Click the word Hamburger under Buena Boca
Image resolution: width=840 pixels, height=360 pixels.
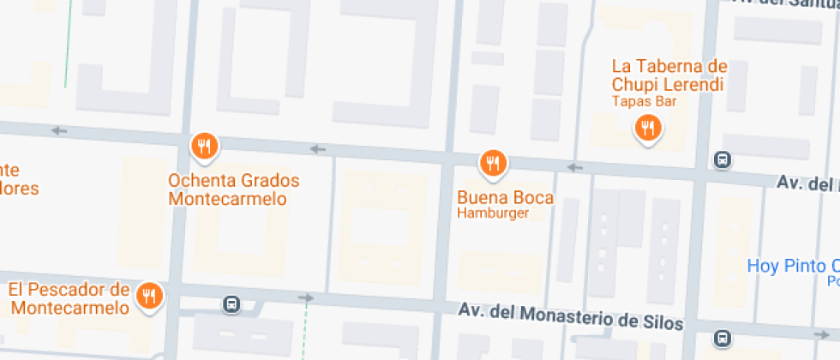pyautogui.click(x=493, y=213)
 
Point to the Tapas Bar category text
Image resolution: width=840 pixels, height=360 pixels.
pyautogui.click(x=645, y=101)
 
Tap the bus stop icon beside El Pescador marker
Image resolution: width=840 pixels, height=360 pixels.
pyautogui.click(x=231, y=303)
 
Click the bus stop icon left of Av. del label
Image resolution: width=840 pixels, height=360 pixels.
pyautogui.click(x=723, y=159)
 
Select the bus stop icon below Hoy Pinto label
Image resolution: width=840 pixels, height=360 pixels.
pyautogui.click(x=723, y=339)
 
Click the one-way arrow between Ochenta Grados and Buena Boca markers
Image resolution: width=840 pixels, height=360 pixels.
pyautogui.click(x=318, y=149)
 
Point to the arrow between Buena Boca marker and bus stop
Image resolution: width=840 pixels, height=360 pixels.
pyautogui.click(x=574, y=166)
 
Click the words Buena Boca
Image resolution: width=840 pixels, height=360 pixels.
pyautogui.click(x=506, y=197)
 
